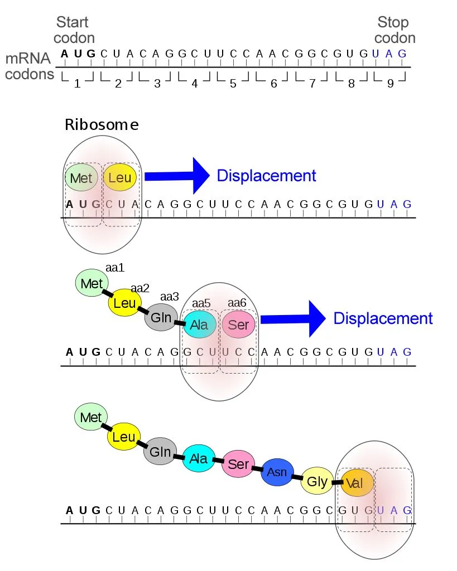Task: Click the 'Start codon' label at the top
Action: [x=75, y=30]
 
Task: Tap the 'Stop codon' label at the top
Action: [x=395, y=30]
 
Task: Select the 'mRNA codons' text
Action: [x=29, y=66]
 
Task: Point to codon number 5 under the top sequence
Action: [x=233, y=84]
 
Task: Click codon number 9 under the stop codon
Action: [x=390, y=84]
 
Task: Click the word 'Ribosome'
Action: [x=102, y=124]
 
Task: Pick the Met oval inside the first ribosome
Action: [x=82, y=178]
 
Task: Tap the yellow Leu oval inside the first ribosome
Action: [x=120, y=178]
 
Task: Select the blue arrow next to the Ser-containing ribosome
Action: [x=292, y=318]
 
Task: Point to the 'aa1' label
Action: [x=115, y=268]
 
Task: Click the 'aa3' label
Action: [x=170, y=296]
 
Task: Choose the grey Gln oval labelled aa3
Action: [x=161, y=318]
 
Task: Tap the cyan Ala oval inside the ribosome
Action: [x=200, y=324]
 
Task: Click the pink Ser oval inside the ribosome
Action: [x=239, y=324]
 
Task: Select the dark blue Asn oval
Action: [x=277, y=472]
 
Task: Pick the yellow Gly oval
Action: [x=317, y=481]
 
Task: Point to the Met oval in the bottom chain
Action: [x=91, y=417]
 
